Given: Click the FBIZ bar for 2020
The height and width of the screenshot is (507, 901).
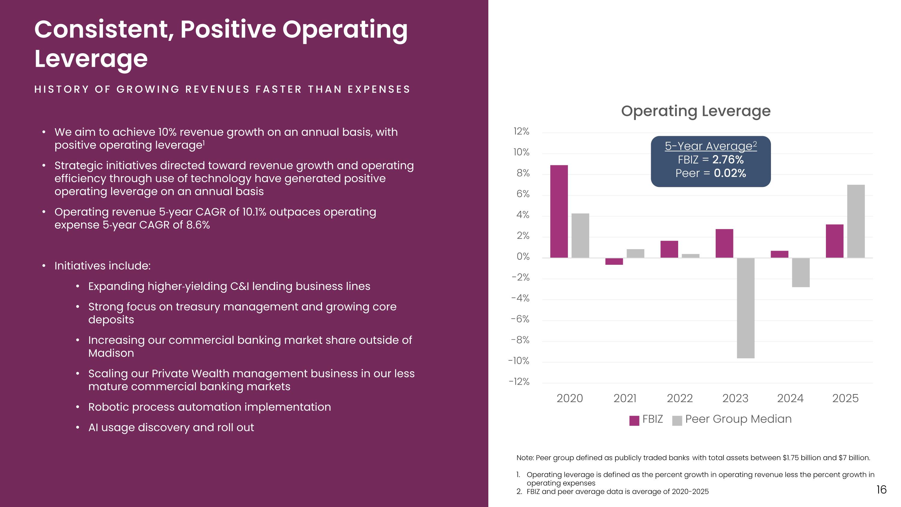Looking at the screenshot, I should coord(559,211).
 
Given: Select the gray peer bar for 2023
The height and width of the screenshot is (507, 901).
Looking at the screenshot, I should coord(745,308).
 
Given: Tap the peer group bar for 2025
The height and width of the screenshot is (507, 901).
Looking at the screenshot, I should coord(856,221).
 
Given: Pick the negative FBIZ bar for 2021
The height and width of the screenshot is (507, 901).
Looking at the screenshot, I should coord(614,261).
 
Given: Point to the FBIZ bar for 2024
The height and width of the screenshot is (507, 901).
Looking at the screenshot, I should coord(779,254).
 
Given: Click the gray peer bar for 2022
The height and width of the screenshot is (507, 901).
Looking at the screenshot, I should coord(690,256).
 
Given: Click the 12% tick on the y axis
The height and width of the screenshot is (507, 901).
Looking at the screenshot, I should coord(521,132).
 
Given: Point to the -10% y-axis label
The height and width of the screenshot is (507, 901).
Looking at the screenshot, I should coord(519,361).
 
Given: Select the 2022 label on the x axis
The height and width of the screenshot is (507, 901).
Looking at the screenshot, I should coord(680,398).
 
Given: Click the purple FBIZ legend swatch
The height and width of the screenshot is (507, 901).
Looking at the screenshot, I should coord(634,420).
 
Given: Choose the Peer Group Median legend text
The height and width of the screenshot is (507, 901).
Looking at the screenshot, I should coord(738,419).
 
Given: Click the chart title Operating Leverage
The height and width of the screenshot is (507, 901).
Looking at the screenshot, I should coord(696,111).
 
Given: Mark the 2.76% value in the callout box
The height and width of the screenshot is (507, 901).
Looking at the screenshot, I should coord(728,160).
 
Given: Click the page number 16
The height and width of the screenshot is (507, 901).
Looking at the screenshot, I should coord(881,490).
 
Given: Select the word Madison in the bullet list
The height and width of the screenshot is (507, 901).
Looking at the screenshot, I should coord(111,353).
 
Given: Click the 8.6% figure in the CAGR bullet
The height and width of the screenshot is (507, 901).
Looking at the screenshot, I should coord(198,224).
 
